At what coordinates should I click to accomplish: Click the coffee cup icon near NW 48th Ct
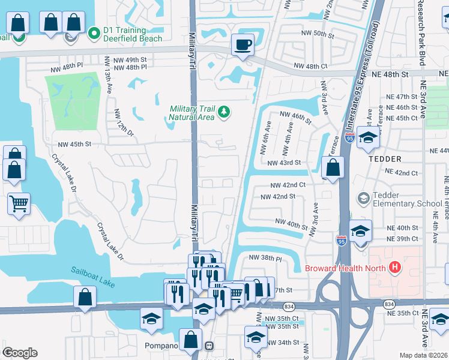click(243, 44)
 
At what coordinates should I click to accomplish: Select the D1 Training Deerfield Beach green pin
click(93, 34)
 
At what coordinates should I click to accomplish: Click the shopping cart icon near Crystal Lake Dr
click(19, 203)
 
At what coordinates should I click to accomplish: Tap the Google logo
click(20, 352)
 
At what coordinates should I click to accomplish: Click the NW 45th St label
click(74, 144)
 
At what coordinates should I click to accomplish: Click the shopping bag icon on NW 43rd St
click(334, 168)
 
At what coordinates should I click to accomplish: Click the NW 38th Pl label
click(265, 259)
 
